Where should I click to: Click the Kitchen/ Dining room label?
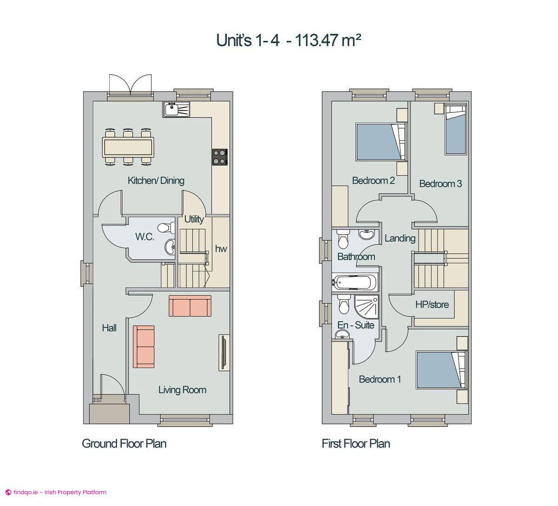[x=156, y=181]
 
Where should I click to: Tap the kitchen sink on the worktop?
[x=176, y=110]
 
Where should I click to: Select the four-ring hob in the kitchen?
[x=220, y=156]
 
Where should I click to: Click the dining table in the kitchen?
[x=128, y=147]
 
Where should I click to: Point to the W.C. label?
[x=145, y=237]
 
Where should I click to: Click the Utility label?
[x=193, y=219]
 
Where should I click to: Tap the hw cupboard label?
[x=221, y=249]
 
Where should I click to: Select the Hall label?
[x=109, y=328]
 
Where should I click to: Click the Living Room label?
[x=182, y=390]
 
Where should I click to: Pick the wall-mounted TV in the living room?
[x=224, y=353]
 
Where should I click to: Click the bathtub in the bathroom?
[x=354, y=282]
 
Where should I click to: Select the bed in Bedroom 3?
[x=455, y=130]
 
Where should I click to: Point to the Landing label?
[x=400, y=239]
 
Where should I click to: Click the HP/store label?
[x=432, y=305]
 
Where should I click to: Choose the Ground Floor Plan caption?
[x=124, y=444]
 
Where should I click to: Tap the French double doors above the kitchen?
[x=130, y=85]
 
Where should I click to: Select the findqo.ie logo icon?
[x=8, y=493]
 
